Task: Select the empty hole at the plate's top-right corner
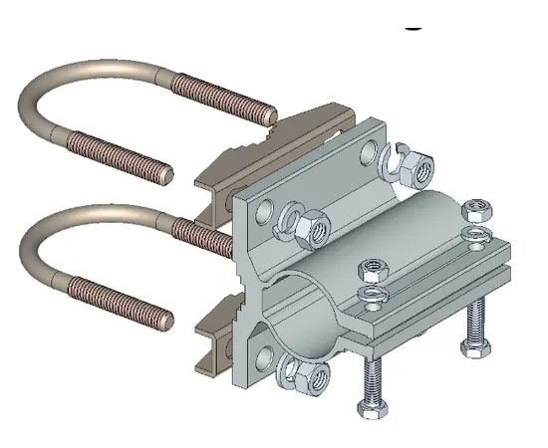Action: tap(370, 152)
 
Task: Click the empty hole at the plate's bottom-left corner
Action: tap(264, 354)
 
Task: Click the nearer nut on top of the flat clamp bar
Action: tap(372, 270)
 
